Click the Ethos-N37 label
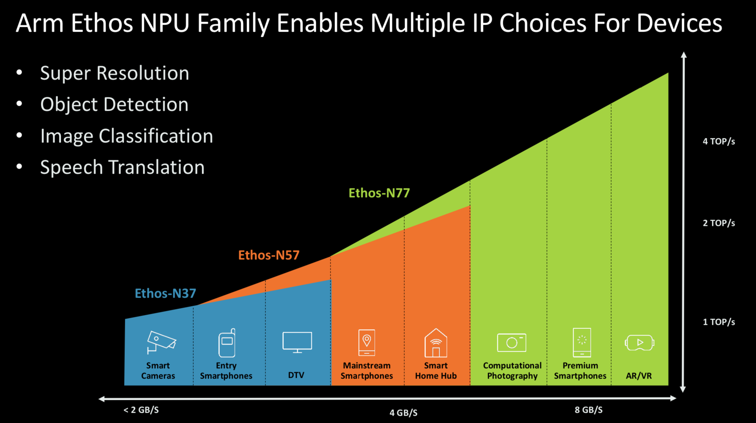[x=165, y=293]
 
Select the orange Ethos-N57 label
[x=269, y=255]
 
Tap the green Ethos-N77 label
[x=379, y=193]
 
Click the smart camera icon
[x=161, y=342]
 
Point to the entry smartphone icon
[x=227, y=343]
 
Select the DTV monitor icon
[x=297, y=342]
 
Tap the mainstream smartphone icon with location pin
[x=367, y=342]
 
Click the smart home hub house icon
[x=436, y=343]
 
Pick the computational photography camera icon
[x=512, y=342]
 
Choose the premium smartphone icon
[x=582, y=342]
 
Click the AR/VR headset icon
[x=639, y=342]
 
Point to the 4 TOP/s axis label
[x=719, y=141]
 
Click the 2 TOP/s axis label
[x=719, y=223]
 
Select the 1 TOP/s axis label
[x=719, y=322]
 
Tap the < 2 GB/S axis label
[x=141, y=410]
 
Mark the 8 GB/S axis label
[x=589, y=410]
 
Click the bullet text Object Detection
[x=114, y=104]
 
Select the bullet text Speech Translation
[x=122, y=167]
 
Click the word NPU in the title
[x=165, y=23]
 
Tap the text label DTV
[x=296, y=375]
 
